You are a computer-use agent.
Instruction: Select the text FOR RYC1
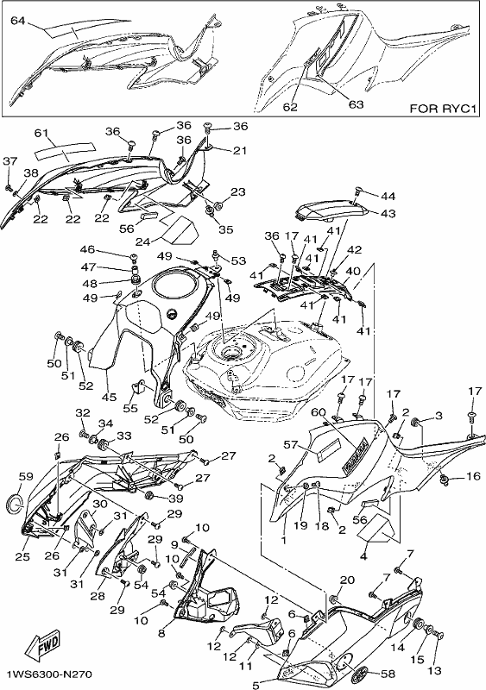[x=443, y=109]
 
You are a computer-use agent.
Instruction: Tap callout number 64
[x=18, y=20]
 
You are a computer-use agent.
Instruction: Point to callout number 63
[x=356, y=104]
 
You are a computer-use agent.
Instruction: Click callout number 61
[x=41, y=133]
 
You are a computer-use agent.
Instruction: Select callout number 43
[x=388, y=213]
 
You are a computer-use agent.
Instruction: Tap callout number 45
[x=110, y=397]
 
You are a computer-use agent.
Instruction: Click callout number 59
[x=27, y=476]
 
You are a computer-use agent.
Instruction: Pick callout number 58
[x=388, y=674]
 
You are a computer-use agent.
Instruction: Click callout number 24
[x=143, y=241]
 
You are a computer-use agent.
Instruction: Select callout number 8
[x=161, y=633]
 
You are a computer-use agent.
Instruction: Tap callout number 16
[x=473, y=476]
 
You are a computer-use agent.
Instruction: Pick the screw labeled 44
[x=358, y=192]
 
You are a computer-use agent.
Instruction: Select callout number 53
[x=238, y=261]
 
